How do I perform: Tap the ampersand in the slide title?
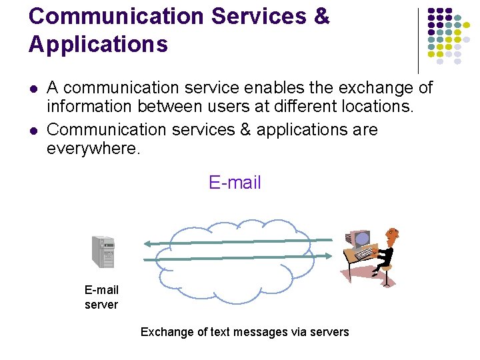[321, 17]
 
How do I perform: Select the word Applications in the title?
[98, 44]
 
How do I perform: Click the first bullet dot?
[33, 88]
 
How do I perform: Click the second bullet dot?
[33, 130]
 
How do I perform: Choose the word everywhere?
[93, 148]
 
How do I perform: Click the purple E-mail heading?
[235, 183]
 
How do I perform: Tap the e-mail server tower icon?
[103, 251]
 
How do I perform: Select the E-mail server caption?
[101, 297]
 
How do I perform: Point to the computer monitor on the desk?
[360, 239]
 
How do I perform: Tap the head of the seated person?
[392, 235]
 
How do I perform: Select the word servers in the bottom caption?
[330, 332]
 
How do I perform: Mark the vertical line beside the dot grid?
[418, 40]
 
